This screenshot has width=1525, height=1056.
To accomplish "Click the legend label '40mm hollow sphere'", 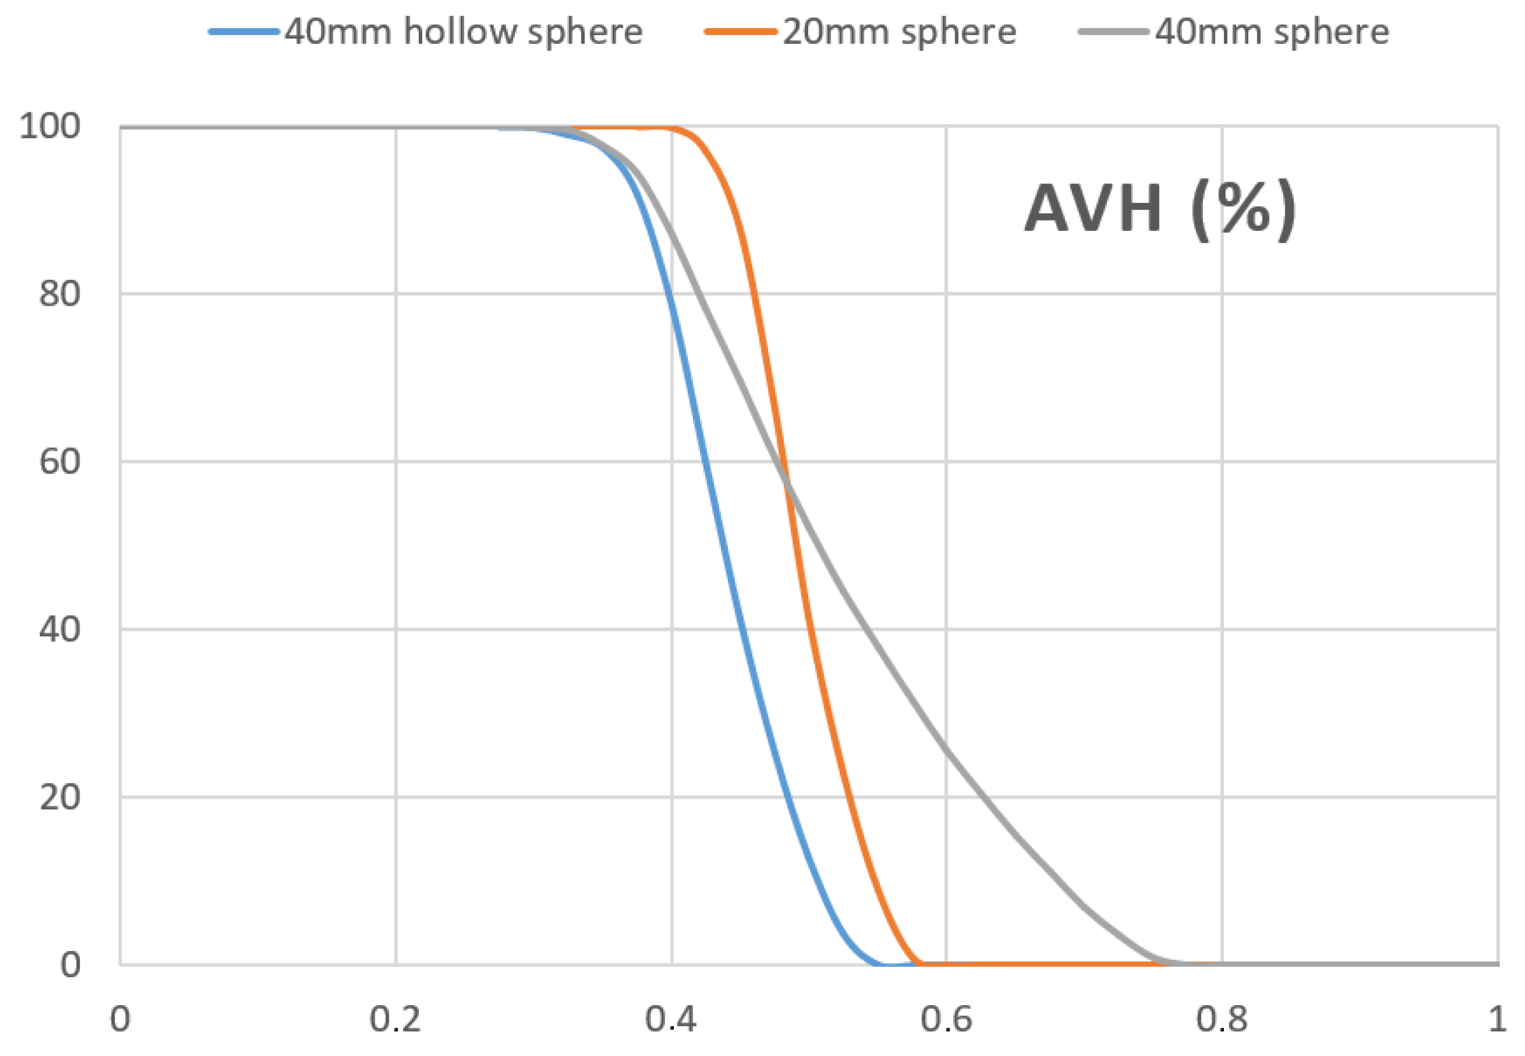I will click(x=464, y=32).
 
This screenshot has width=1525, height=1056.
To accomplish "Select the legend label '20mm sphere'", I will click(x=899, y=32).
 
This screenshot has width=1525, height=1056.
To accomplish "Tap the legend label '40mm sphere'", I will click(x=1272, y=32).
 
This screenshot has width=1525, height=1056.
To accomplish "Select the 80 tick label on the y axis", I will click(x=59, y=293).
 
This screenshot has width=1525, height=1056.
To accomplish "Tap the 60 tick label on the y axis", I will click(x=59, y=461).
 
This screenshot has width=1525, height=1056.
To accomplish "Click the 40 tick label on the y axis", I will click(x=59, y=629).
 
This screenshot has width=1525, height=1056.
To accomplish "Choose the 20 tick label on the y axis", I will click(x=59, y=797).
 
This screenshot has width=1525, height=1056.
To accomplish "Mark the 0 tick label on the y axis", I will click(x=70, y=965).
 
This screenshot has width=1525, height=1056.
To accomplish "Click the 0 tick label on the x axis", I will click(x=120, y=1019).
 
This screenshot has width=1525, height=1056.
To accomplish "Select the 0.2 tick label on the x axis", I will click(x=395, y=1019).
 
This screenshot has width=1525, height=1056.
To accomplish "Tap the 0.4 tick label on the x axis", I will click(x=671, y=1019).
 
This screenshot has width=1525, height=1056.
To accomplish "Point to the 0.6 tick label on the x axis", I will click(x=946, y=1019).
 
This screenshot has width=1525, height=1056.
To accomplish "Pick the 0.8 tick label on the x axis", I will click(x=1221, y=1019).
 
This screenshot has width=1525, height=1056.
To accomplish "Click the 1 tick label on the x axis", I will click(x=1497, y=1019).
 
